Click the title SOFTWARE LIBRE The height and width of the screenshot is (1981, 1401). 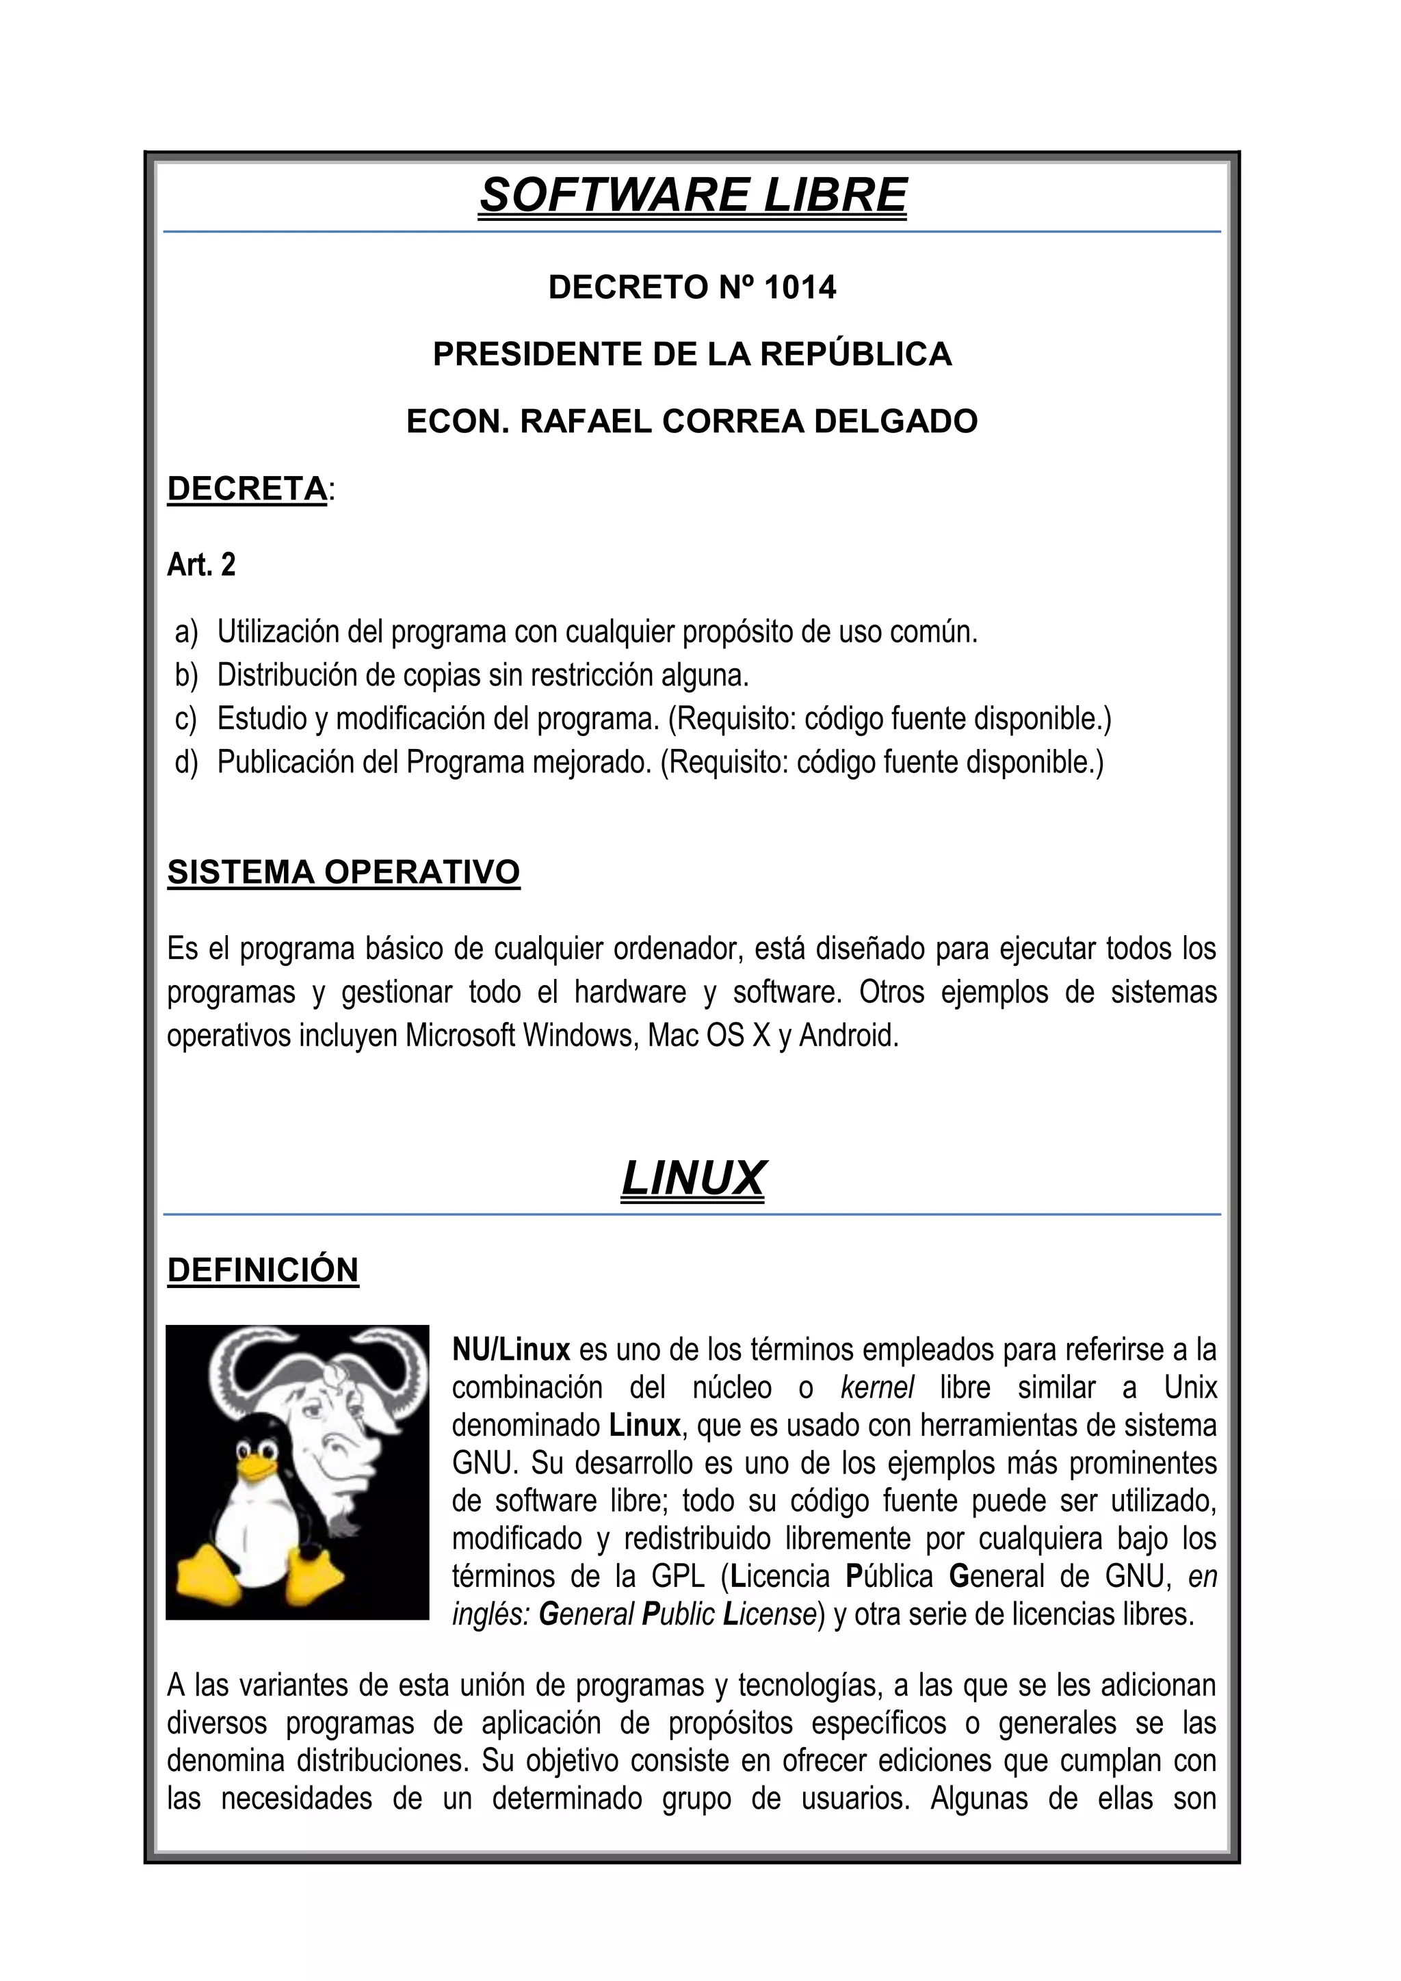(693, 195)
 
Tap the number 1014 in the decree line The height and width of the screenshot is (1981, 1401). (799, 287)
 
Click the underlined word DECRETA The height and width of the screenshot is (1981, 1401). (247, 488)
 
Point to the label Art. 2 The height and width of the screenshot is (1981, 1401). (201, 565)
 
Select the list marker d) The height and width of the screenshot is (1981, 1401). (185, 762)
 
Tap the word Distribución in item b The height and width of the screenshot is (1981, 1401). (287, 674)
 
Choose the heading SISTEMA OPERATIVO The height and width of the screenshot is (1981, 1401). (343, 872)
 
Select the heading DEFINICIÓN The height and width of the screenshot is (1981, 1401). (262, 1270)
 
